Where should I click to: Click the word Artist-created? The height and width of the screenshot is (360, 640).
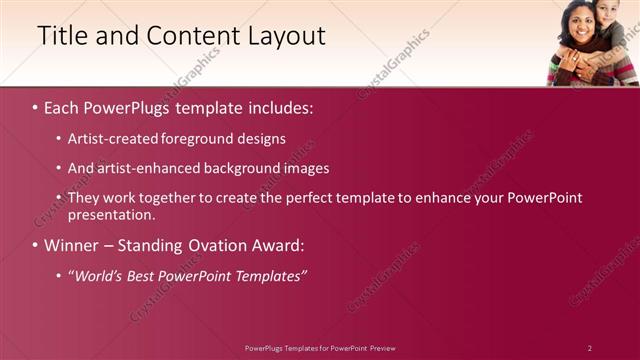tap(112, 138)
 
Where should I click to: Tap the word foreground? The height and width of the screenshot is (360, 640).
tap(201, 138)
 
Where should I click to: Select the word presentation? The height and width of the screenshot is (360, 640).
tap(111, 214)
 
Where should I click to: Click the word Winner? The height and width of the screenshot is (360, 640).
tap(72, 245)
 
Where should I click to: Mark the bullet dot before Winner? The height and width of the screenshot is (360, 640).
tap(36, 245)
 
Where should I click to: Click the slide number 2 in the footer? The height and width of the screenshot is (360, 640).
tap(590, 348)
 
